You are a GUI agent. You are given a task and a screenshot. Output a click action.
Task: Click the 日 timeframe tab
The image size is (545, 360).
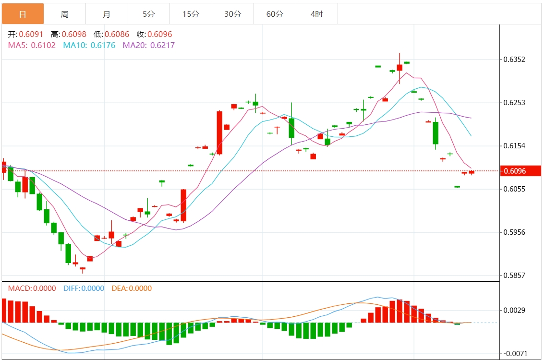coord(23,14)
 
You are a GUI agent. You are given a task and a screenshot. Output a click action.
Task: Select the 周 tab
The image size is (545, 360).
coord(65,14)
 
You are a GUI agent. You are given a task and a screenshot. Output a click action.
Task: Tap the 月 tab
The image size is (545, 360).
coord(107,14)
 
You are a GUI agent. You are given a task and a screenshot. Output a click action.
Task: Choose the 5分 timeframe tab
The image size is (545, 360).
coord(149,14)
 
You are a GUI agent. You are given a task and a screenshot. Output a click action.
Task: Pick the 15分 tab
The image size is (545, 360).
coord(191,14)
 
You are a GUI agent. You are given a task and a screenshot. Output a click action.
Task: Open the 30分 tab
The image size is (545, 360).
coord(233,14)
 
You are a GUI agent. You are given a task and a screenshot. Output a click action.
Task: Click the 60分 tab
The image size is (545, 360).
coord(275,14)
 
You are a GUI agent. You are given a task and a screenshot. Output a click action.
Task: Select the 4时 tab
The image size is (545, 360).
coord(317,14)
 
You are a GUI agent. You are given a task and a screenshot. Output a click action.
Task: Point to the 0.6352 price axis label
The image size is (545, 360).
coord(514,60)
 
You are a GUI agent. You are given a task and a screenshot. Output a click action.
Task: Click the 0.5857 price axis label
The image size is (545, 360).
coord(514,276)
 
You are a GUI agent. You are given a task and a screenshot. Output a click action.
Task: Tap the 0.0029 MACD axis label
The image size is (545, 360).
coord(514,310)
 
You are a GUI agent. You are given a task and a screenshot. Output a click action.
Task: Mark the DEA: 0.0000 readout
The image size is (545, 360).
coord(132,288)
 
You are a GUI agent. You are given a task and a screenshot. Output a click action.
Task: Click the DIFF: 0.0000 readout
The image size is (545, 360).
coord(84,288)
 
